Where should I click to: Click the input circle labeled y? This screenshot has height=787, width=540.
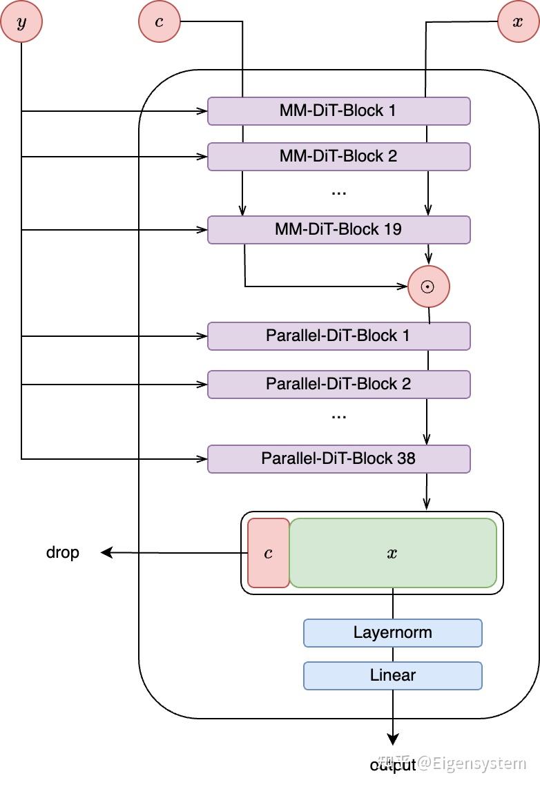click(x=21, y=21)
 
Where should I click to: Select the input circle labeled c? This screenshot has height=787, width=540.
click(x=160, y=21)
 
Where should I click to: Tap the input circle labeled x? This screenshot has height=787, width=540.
click(x=518, y=21)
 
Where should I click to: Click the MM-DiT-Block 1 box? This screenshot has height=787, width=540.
click(x=338, y=110)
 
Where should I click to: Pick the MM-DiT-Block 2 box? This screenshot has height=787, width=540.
click(x=338, y=157)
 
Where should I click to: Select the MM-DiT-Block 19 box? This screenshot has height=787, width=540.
click(x=338, y=229)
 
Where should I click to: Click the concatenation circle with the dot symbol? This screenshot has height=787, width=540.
click(x=428, y=286)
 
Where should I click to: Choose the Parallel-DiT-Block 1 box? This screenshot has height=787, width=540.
click(x=338, y=336)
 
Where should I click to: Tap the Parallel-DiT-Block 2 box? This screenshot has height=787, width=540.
click(x=338, y=384)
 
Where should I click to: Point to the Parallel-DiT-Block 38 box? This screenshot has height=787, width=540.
click(x=338, y=458)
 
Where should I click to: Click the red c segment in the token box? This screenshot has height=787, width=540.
click(x=269, y=553)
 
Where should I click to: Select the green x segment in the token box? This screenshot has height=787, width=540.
click(x=392, y=553)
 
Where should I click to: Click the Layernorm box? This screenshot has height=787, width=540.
click(x=392, y=632)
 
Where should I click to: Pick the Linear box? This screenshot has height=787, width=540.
click(x=392, y=675)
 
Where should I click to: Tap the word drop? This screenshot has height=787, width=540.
click(x=63, y=552)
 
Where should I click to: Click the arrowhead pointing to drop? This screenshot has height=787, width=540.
click(x=106, y=552)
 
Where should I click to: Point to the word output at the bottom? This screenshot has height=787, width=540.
click(x=393, y=765)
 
